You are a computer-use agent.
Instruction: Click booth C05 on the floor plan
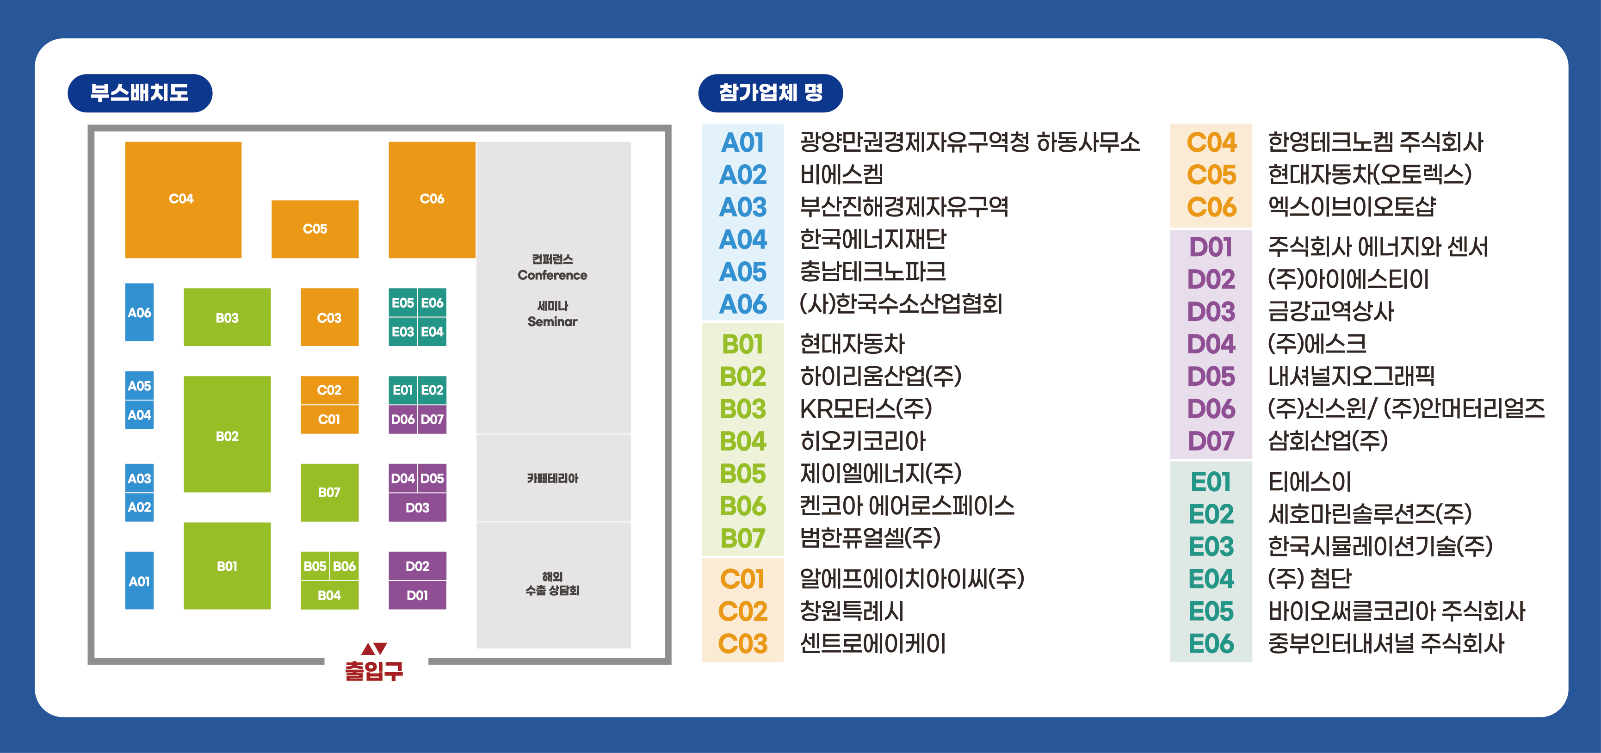[315, 228]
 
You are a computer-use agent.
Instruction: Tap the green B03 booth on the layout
[227, 317]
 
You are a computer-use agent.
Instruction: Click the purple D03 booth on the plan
[417, 507]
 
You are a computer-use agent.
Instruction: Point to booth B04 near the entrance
[329, 595]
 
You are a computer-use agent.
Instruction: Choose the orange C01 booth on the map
[329, 420]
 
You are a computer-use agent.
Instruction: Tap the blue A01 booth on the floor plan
[139, 581]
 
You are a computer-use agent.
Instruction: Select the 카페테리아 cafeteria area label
[552, 478]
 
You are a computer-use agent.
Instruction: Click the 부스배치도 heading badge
[140, 93]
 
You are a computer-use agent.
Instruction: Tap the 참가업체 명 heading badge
[771, 93]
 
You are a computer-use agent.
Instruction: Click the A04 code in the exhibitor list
[743, 240]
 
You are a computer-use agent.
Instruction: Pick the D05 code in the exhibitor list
[1211, 376]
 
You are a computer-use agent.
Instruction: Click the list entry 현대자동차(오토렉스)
[1369, 174]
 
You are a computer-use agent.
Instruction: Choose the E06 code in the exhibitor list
[1211, 644]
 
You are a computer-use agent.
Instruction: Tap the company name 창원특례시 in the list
[852, 611]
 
